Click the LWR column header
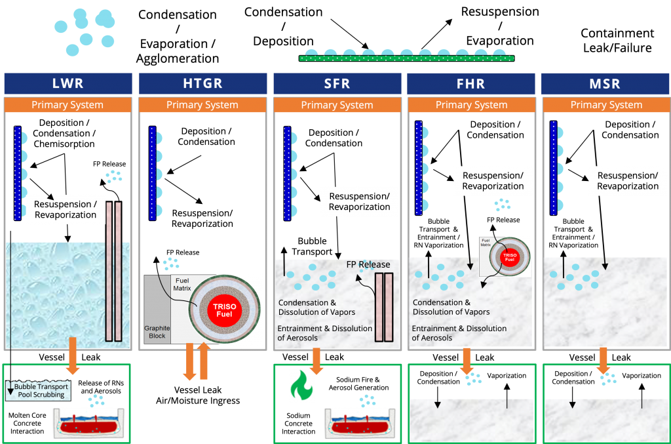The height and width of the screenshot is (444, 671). point(67,83)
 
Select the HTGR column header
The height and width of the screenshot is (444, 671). point(202,83)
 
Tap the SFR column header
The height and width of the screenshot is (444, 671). point(337,83)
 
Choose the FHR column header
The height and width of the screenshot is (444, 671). point(471,83)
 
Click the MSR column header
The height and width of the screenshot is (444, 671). point(606,83)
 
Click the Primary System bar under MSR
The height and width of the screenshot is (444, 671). point(606,105)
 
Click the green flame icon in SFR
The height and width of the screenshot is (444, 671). point(303,386)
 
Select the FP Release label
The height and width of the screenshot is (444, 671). point(368,264)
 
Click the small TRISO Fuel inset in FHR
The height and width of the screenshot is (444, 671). point(505,257)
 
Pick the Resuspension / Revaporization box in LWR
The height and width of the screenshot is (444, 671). point(66,209)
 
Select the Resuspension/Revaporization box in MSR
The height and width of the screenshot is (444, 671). point(628,180)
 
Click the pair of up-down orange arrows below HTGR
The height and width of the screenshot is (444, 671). point(197,361)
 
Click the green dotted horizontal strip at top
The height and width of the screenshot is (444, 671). point(406,58)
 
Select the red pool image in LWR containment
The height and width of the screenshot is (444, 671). point(89,424)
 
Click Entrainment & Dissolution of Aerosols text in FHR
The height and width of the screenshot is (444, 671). point(459,333)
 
